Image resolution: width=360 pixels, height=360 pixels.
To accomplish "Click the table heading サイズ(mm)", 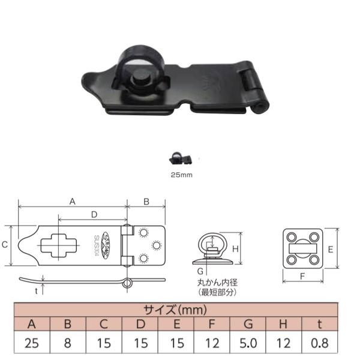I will click(x=175, y=310).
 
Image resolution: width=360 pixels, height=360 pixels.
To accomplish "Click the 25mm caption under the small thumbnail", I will click(x=181, y=175).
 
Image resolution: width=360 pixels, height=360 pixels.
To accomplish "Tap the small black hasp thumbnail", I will click(x=180, y=158).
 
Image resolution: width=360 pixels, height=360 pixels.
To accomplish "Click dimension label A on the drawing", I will click(x=72, y=202).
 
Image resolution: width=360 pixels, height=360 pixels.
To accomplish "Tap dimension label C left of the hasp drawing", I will click(x=5, y=245).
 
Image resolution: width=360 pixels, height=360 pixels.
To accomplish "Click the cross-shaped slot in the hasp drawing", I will click(x=59, y=245).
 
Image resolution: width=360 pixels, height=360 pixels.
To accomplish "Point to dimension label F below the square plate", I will click(x=302, y=277).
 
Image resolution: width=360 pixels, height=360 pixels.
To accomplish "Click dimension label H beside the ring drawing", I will click(x=235, y=248).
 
